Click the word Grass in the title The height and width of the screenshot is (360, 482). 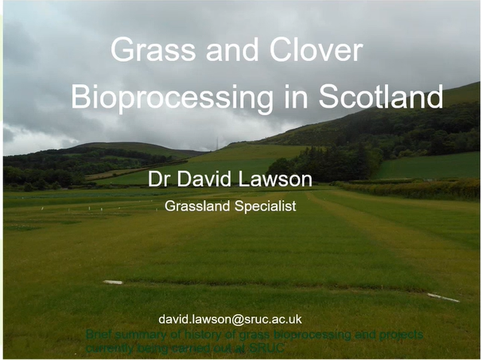143,50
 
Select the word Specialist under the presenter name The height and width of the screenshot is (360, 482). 266,206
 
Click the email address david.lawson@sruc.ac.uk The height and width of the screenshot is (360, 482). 230,319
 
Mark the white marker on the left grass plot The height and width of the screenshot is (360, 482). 113,282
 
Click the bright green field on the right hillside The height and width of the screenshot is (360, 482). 430,166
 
